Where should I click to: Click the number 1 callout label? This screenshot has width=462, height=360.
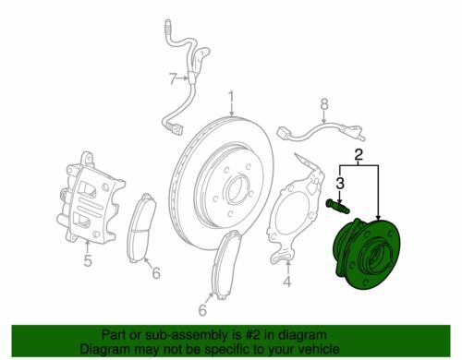click(233, 96)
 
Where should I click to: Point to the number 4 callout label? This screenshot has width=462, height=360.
click(287, 281)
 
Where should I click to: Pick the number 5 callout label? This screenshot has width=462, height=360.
click(88, 260)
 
